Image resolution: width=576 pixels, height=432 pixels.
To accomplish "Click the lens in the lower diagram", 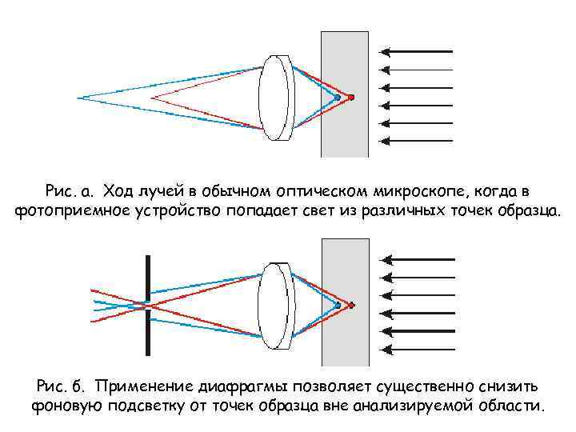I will pyautogui.click(x=275, y=306).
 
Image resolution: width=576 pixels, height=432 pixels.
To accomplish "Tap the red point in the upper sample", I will pyautogui.click(x=351, y=98).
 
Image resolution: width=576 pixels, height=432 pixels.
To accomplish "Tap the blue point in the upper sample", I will pyautogui.click(x=338, y=98).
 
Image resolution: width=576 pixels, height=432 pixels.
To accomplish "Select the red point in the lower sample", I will pyautogui.click(x=351, y=306).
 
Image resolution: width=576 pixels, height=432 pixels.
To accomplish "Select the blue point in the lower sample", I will pyautogui.click(x=338, y=306).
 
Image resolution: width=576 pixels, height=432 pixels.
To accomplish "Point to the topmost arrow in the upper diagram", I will pyautogui.click(x=416, y=51).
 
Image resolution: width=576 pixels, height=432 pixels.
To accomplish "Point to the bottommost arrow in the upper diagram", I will pyautogui.click(x=416, y=142).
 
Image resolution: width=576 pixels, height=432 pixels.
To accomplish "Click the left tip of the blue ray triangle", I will pyautogui.click(x=79, y=98).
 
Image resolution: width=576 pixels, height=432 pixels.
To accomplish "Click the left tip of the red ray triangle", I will pyautogui.click(x=152, y=98).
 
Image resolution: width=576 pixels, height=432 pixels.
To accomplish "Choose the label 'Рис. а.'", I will pyautogui.click(x=70, y=192).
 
